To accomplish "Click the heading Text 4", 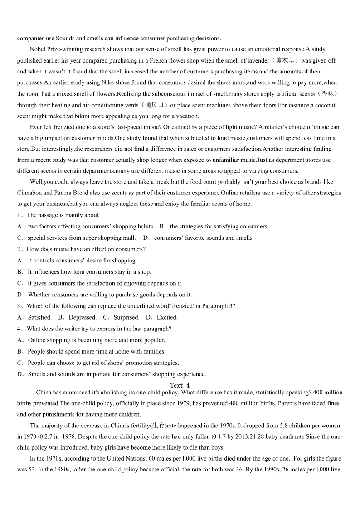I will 177,385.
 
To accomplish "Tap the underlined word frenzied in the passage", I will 63,127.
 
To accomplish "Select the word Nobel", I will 38,49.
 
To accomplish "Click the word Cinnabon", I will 29,193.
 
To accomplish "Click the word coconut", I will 325,105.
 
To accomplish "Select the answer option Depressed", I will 83,317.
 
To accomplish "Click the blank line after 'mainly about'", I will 113,216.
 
